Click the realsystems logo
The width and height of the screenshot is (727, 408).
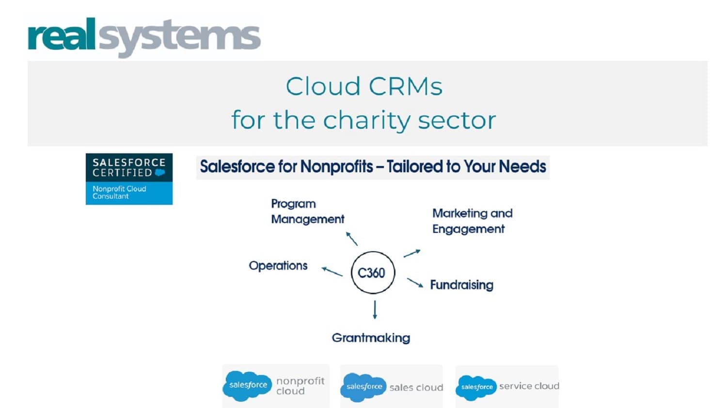[x=144, y=37]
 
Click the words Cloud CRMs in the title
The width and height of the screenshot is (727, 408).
[x=364, y=87]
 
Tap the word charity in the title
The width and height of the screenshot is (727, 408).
[x=367, y=120]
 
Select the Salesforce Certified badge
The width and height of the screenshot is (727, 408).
[x=129, y=179]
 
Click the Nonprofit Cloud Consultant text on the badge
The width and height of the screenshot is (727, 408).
[x=119, y=193]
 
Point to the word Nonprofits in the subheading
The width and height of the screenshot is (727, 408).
[x=336, y=167]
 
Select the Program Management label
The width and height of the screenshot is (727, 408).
[x=307, y=212]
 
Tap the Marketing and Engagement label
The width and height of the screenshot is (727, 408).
[x=472, y=221]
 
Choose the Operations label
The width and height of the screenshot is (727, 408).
[x=278, y=266]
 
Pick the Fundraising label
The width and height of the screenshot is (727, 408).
[x=461, y=285]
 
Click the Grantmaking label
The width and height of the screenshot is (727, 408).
[x=371, y=338]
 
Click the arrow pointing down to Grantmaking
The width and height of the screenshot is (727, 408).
[x=375, y=310]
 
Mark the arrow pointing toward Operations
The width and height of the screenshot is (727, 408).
[x=332, y=272]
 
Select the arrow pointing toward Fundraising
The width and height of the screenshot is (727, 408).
[x=415, y=283]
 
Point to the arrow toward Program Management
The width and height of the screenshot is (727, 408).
[x=352, y=239]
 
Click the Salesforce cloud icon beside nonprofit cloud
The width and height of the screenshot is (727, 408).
[x=247, y=386]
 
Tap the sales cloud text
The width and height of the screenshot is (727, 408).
[x=416, y=388]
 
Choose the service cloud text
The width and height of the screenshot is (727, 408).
[x=529, y=386]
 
